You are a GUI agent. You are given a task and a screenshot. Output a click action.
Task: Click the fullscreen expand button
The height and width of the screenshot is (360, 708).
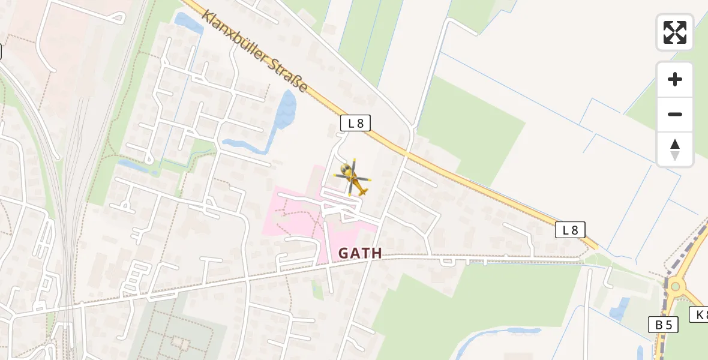(675, 32)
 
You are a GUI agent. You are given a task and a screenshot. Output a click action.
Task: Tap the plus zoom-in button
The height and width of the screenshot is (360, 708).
(675, 79)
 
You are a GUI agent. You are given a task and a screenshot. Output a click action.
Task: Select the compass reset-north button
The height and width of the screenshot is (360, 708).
(675, 149)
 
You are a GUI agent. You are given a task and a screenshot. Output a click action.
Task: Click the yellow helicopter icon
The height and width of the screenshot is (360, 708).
(353, 178)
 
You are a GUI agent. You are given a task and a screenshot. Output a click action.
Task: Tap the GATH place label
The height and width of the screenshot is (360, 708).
(360, 253)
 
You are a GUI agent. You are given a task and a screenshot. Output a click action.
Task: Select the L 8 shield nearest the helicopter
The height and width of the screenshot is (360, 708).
(355, 124)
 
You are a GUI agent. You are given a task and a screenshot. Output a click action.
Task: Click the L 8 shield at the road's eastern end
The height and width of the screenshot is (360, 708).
(569, 230)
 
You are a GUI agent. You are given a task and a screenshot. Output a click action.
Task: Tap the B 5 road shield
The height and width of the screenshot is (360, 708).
(663, 325)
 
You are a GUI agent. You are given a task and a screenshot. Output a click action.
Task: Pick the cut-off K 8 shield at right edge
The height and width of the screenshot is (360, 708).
(699, 314)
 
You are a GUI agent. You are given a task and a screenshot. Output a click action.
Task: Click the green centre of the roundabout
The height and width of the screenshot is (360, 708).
(676, 286)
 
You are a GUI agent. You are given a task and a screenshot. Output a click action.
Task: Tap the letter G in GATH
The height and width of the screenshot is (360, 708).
(344, 253)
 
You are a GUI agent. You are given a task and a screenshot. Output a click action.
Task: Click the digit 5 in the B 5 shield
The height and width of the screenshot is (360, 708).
(669, 325)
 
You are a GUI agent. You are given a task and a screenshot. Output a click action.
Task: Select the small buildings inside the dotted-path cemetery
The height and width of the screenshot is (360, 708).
(179, 343)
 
